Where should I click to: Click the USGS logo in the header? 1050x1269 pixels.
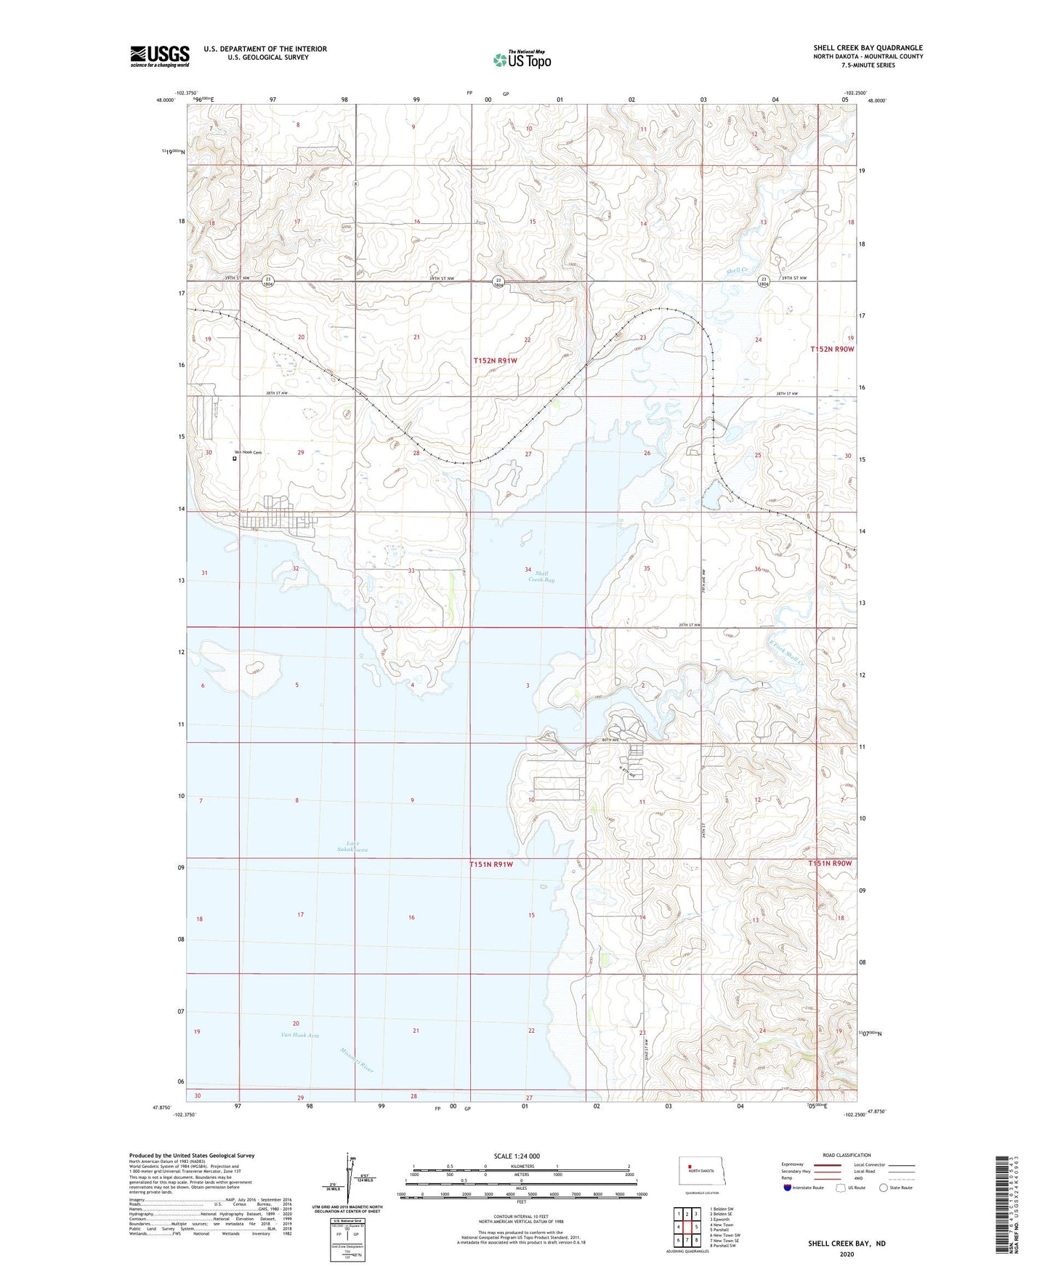tap(160, 56)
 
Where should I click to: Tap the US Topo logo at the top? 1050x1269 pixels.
tap(522, 60)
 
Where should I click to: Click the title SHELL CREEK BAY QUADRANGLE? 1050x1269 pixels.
tap(868, 48)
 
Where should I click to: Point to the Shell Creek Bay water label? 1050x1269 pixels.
tap(541, 577)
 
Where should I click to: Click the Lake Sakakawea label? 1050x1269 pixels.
tap(352, 846)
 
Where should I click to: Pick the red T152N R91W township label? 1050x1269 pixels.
tap(495, 360)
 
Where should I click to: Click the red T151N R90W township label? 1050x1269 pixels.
tap(831, 863)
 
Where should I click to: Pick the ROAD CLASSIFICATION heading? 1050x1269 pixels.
tap(847, 1155)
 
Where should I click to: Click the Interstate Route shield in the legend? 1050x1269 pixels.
tap(788, 1188)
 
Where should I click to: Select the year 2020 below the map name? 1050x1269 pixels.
tap(846, 1254)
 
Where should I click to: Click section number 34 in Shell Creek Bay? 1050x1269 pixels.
tap(528, 569)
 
